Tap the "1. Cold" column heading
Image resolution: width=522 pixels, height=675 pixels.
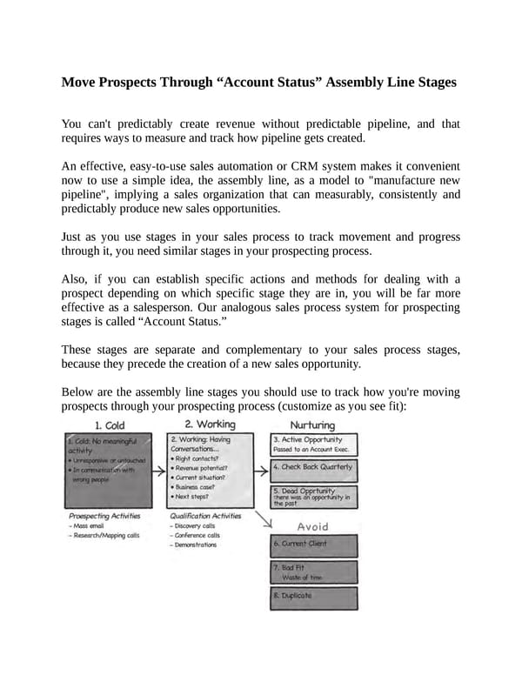point(110,425)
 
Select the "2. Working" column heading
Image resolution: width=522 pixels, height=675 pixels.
point(211,424)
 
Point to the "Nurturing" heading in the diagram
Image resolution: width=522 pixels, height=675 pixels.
point(312,425)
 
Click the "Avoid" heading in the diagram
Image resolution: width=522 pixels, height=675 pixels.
point(313,526)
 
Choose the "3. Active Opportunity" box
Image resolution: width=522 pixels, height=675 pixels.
point(313,444)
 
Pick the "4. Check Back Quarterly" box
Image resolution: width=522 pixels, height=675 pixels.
point(313,468)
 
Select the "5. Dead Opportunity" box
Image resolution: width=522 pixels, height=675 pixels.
point(313,497)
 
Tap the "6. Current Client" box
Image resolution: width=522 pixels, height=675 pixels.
point(313,545)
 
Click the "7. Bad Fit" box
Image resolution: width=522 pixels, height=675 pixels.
point(313,571)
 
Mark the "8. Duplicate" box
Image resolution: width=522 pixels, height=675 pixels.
point(313,597)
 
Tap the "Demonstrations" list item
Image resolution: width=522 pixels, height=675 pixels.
point(195,545)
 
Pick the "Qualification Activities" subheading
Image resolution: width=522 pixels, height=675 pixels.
point(207,515)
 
